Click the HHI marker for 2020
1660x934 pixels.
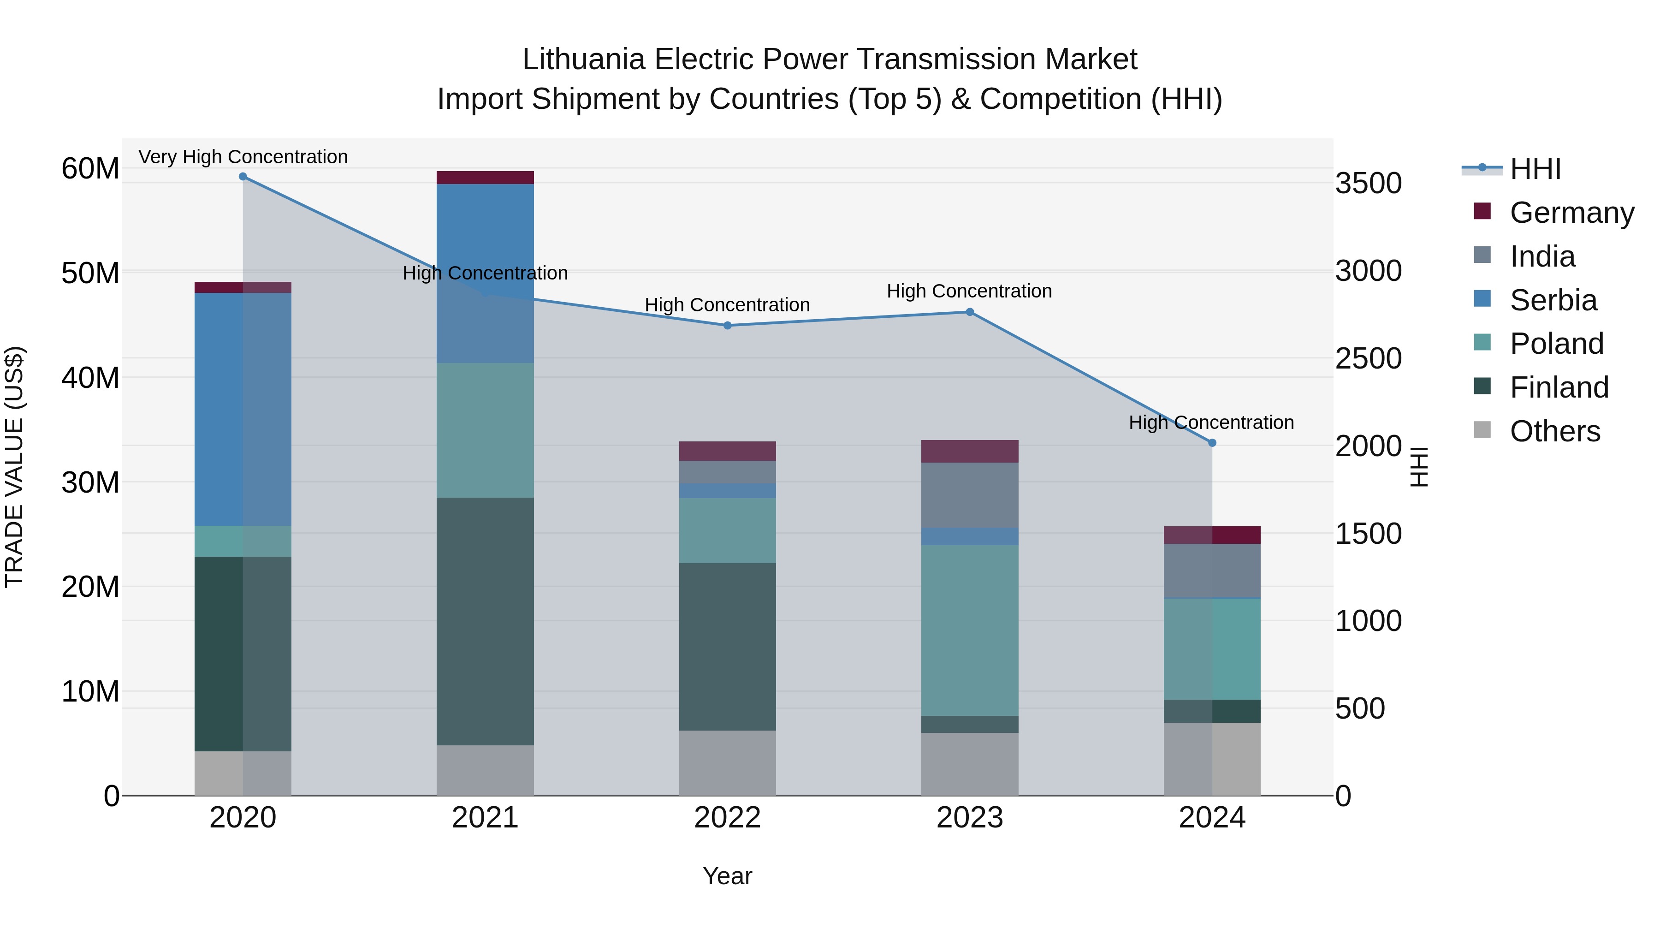pyautogui.click(x=243, y=177)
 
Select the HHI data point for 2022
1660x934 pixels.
pyautogui.click(x=728, y=326)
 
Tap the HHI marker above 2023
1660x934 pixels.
pyautogui.click(x=970, y=312)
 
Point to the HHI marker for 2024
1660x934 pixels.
pyautogui.click(x=1212, y=443)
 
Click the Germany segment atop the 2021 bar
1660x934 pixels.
pyautogui.click(x=485, y=178)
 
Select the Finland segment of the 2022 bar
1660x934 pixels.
pyautogui.click(x=728, y=647)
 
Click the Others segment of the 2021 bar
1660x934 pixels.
pyautogui.click(x=485, y=770)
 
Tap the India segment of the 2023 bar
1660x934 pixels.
pyautogui.click(x=970, y=494)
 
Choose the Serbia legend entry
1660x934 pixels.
pyautogui.click(x=1553, y=300)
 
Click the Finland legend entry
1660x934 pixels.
pyautogui.click(x=1559, y=387)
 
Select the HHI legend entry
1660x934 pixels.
pyautogui.click(x=1535, y=169)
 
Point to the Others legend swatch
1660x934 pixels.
pyautogui.click(x=1482, y=430)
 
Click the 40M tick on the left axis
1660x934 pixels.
pyautogui.click(x=90, y=378)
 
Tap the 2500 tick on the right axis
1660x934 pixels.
pyautogui.click(x=1368, y=358)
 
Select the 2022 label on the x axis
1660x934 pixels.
pyautogui.click(x=728, y=818)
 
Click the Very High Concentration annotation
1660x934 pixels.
pyautogui.click(x=243, y=157)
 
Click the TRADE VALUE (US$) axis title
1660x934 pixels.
pyautogui.click(x=14, y=467)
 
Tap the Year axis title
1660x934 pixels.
pyautogui.click(x=728, y=876)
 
